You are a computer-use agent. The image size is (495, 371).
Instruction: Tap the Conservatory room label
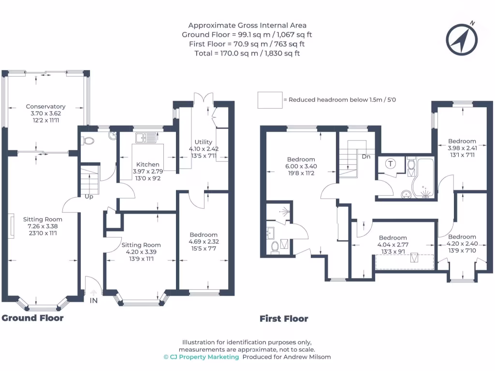(x=46, y=106)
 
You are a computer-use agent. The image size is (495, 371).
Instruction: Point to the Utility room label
(x=204, y=142)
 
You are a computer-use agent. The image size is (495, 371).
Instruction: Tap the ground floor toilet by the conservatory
(x=87, y=141)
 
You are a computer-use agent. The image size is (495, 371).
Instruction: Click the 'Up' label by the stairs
(x=88, y=197)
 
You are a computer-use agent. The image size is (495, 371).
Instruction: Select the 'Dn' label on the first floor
(x=366, y=157)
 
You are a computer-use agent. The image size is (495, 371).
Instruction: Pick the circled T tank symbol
(x=390, y=164)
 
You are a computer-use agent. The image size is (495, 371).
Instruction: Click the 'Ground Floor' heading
(x=33, y=318)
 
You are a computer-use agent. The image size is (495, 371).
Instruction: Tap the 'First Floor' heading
(x=284, y=318)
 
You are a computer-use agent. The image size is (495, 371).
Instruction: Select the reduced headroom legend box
(x=270, y=100)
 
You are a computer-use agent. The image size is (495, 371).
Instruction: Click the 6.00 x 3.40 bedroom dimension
(x=301, y=166)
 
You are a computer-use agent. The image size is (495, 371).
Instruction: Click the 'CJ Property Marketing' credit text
(x=202, y=357)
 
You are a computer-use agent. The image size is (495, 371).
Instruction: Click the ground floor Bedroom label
(x=203, y=235)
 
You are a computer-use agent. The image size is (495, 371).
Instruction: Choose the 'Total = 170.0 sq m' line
(x=247, y=53)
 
